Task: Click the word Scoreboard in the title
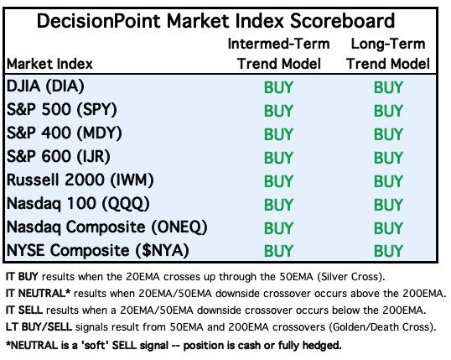point(342,21)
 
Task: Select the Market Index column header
point(49,64)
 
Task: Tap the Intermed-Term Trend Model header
point(278,54)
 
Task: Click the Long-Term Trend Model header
point(388,54)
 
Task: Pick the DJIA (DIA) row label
point(45,86)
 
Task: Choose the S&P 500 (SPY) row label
point(61,110)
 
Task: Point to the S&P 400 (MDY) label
point(64,133)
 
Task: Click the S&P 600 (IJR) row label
point(58,157)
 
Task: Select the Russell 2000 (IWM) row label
point(80,180)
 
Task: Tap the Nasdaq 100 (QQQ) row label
point(78,204)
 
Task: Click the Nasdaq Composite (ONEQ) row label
point(106,227)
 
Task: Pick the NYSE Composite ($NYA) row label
point(97,250)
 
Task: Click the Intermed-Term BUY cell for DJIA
point(278,87)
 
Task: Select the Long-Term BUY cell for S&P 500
point(388,111)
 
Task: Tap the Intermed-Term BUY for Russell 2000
point(278,181)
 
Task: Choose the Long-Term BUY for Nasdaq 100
point(388,205)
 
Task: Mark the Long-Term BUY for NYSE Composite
point(388,251)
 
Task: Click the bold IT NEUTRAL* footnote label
point(38,294)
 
